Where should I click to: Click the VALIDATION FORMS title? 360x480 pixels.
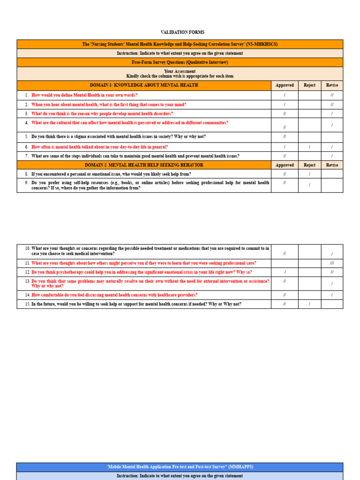(x=182, y=32)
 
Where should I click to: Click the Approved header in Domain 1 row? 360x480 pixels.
(x=285, y=85)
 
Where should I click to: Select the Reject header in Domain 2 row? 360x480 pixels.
(x=309, y=165)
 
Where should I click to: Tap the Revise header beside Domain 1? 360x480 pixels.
(x=332, y=85)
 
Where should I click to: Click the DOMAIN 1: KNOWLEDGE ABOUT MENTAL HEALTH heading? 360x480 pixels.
(x=144, y=85)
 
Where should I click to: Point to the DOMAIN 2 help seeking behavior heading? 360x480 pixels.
(x=144, y=165)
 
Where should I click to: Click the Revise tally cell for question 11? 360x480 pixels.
(x=332, y=263)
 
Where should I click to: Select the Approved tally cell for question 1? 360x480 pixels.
(x=285, y=95)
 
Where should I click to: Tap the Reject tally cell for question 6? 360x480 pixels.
(x=309, y=147)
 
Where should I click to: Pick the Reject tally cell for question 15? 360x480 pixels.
(x=309, y=304)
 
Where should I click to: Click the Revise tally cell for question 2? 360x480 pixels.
(x=332, y=105)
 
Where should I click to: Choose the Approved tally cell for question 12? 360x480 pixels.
(x=285, y=272)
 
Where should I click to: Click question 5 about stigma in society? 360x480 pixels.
(x=119, y=137)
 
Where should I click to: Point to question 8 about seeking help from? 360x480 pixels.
(x=111, y=174)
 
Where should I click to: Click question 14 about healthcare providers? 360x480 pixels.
(x=114, y=295)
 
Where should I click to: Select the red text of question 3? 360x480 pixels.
(x=102, y=114)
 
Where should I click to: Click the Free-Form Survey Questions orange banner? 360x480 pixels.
(x=180, y=62)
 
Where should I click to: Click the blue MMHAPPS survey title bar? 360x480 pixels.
(x=180, y=467)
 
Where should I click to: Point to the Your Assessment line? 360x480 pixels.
(x=180, y=71)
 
